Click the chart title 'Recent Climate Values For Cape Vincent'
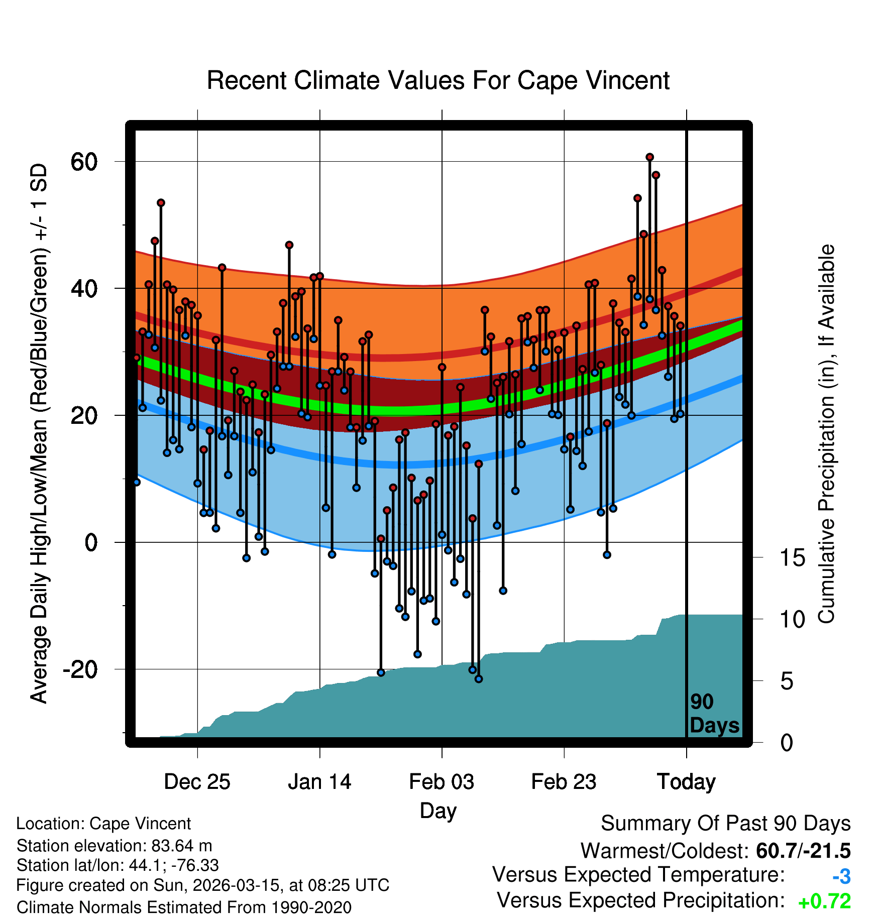click(x=438, y=80)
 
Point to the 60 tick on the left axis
click(x=84, y=162)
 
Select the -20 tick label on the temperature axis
click(x=80, y=669)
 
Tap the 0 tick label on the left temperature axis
click(x=91, y=542)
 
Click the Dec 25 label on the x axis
click(x=197, y=782)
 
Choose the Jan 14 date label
click(x=319, y=782)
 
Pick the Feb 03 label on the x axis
click(x=442, y=782)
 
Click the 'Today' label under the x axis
click(x=686, y=782)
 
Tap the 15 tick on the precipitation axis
click(x=792, y=558)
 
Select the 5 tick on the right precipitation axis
click(x=787, y=681)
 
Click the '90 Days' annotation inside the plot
click(x=714, y=714)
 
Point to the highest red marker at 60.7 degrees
click(x=649, y=157)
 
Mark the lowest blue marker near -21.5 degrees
click(x=479, y=679)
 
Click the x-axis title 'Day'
click(x=438, y=811)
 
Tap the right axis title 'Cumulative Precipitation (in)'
click(x=826, y=434)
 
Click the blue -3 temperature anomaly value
click(x=841, y=876)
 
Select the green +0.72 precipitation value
click(x=824, y=901)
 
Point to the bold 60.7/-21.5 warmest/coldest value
click(x=803, y=851)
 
